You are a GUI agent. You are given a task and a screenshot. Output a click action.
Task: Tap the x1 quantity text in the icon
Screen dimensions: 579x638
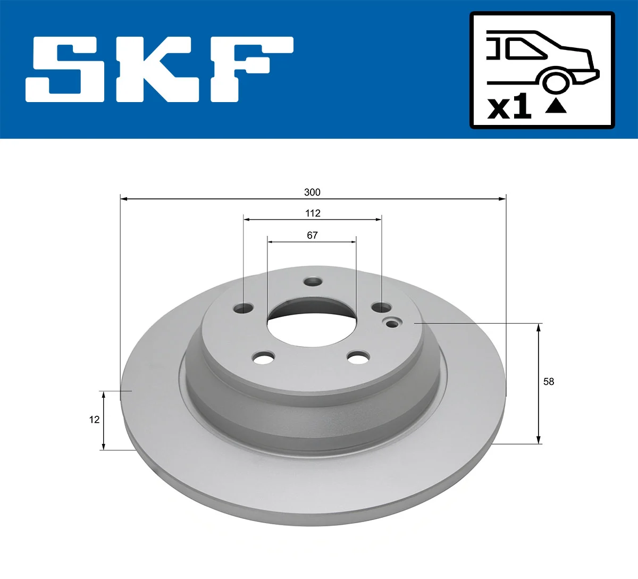pos(509,107)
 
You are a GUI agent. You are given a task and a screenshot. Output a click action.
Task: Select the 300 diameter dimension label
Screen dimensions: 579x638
pos(312,192)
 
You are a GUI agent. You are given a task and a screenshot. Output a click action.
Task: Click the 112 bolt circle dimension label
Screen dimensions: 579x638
pos(313,213)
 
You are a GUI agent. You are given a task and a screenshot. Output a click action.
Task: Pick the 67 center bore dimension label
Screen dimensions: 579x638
pos(312,235)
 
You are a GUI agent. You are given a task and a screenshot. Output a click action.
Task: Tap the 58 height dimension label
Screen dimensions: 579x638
pos(549,381)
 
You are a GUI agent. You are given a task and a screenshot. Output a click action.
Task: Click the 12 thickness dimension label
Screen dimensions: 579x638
pos(94,419)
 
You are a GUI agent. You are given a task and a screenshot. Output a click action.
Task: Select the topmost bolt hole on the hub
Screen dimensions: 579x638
pos(313,281)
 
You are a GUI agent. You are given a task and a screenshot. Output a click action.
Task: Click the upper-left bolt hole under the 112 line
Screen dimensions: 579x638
pos(244,308)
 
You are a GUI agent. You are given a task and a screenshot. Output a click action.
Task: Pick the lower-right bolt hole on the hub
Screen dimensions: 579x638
pos(358,357)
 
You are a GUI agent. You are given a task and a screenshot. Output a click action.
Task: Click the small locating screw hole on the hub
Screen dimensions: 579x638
pos(393,323)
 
